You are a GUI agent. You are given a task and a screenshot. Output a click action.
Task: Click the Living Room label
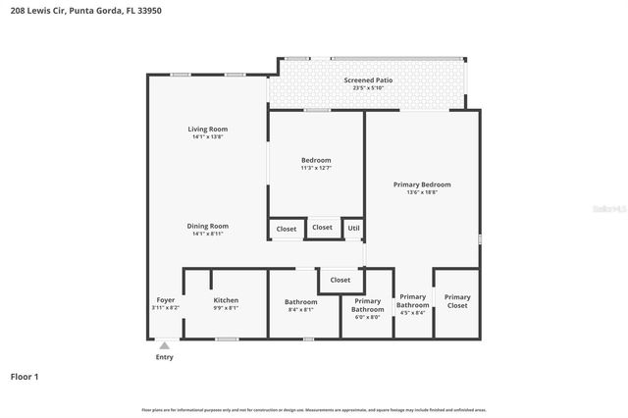(x=208, y=129)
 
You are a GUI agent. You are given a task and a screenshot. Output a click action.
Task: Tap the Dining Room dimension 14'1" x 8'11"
(x=208, y=234)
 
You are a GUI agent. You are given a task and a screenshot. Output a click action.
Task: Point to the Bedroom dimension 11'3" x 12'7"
(x=316, y=168)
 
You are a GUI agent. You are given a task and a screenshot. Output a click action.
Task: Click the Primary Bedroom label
(x=422, y=184)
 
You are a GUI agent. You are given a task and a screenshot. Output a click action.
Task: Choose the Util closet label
(x=353, y=229)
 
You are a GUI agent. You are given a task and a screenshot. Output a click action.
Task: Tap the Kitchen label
(x=226, y=300)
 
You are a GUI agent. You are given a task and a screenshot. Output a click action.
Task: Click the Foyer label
(x=166, y=300)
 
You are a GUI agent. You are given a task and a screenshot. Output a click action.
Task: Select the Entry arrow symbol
(x=164, y=345)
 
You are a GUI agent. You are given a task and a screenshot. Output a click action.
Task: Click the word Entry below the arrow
(x=164, y=357)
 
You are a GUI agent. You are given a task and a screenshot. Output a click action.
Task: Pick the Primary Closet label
(x=457, y=301)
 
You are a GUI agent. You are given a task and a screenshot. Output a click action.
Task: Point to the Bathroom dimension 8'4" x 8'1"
(x=300, y=310)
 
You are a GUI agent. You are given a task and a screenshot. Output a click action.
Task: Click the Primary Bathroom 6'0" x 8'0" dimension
(x=367, y=317)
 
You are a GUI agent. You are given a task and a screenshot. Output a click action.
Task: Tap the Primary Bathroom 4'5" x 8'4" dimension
(x=413, y=313)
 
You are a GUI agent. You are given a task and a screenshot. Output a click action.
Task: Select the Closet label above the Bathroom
(x=340, y=280)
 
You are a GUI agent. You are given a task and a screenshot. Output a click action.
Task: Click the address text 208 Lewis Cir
(x=35, y=8)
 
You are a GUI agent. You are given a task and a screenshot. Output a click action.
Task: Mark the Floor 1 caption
(x=25, y=376)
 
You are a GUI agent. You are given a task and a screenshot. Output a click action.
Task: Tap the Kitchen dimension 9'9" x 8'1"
(x=226, y=309)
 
